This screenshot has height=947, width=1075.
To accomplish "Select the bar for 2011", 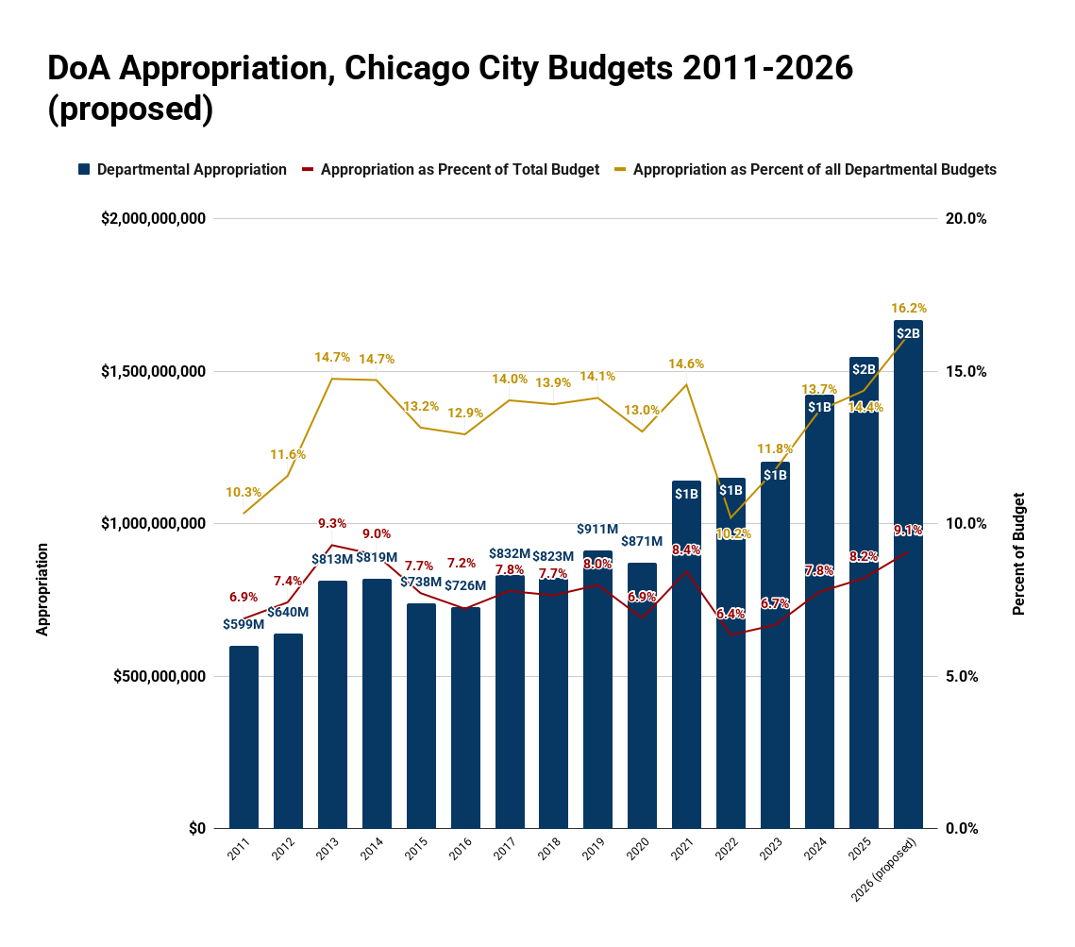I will pyautogui.click(x=244, y=736).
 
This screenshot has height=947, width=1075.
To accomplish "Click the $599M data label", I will pyautogui.click(x=244, y=624).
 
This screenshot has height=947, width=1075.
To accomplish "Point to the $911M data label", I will pyautogui.click(x=597, y=529).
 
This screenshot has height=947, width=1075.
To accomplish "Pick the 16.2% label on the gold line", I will pyautogui.click(x=909, y=308).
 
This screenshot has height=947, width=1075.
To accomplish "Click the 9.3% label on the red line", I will pyautogui.click(x=332, y=523).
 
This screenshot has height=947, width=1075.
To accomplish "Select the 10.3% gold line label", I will pyautogui.click(x=244, y=492).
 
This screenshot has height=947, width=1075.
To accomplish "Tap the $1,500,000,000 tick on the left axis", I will pyautogui.click(x=153, y=371).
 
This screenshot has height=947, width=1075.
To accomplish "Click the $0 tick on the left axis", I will pyautogui.click(x=196, y=828).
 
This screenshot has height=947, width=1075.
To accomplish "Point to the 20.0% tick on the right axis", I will pyautogui.click(x=966, y=218).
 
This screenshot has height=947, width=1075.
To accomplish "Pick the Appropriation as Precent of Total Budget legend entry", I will pyautogui.click(x=460, y=170).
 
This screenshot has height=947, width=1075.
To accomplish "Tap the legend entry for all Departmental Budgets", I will pyautogui.click(x=815, y=170).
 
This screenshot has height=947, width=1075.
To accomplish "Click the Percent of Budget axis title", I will pyautogui.click(x=1018, y=554).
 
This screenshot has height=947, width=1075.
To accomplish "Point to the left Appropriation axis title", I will pyautogui.click(x=42, y=588).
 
